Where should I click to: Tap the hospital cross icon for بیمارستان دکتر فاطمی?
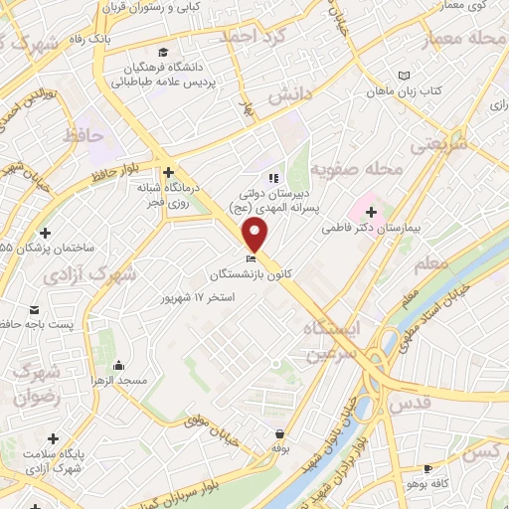[x=372, y=212]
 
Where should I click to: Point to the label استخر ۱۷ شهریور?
[x=200, y=297]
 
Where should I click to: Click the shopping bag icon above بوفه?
[x=281, y=433]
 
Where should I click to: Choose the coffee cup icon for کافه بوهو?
[x=427, y=468]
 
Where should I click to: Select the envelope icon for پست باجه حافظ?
[x=35, y=309]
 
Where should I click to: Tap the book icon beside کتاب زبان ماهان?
[x=403, y=76]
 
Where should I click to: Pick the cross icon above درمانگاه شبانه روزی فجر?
[x=169, y=171]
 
